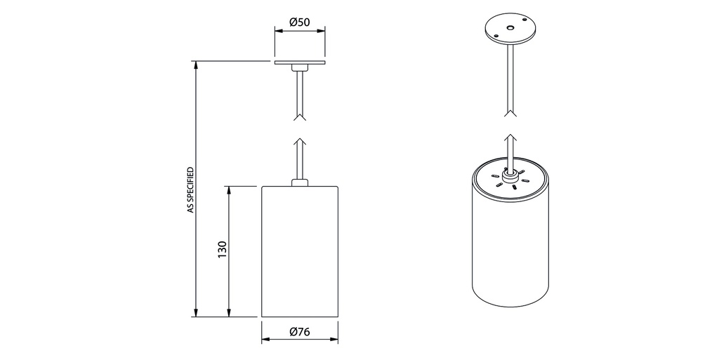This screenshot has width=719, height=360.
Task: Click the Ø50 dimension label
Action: pyautogui.click(x=300, y=22)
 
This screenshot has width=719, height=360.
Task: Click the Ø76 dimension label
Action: pyautogui.click(x=300, y=332)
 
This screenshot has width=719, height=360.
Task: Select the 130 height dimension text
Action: pyautogui.click(x=223, y=249)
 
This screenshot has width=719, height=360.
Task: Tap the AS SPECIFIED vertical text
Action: pyautogui.click(x=191, y=190)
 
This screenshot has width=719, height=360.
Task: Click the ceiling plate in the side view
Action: pyautogui.click(x=300, y=62)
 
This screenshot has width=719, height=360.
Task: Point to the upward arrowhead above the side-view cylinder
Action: pyautogui.click(x=300, y=141)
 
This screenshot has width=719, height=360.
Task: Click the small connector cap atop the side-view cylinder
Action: pyautogui.click(x=300, y=182)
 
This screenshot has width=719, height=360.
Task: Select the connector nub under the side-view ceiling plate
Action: pyautogui.click(x=300, y=67)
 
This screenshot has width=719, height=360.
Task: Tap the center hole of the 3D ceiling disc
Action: pyautogui.click(x=510, y=28)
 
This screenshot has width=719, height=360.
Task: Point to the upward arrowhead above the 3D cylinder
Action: pyautogui.click(x=510, y=138)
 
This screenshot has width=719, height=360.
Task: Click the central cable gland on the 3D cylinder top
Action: pyautogui.click(x=510, y=174)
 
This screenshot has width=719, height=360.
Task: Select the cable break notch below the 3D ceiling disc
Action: pyautogui.click(x=510, y=113)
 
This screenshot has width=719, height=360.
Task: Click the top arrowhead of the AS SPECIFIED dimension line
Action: pyautogui.click(x=196, y=65)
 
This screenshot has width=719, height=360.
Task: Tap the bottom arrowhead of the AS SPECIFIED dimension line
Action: pyautogui.click(x=196, y=312)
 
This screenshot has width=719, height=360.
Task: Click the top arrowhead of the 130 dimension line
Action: pyautogui.click(x=229, y=191)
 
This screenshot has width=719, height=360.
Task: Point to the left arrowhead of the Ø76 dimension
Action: pyautogui.click(x=266, y=340)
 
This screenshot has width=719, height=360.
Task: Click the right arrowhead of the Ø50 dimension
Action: pyautogui.click(x=320, y=31)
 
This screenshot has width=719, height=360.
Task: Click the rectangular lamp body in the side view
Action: pyautogui.click(x=300, y=251)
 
